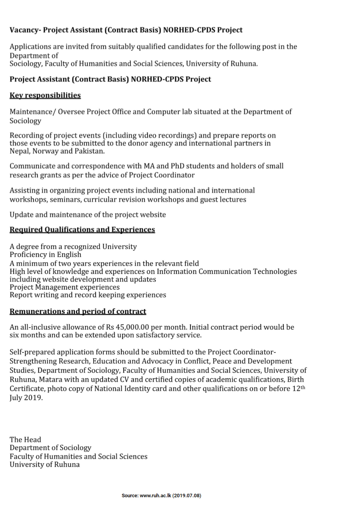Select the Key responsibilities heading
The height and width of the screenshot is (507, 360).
(45, 95)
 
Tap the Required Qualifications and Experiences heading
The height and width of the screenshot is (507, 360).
(82, 229)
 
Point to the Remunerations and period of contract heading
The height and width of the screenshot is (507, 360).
(78, 311)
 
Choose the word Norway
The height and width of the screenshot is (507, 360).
(47, 151)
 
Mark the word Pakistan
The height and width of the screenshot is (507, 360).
(90, 151)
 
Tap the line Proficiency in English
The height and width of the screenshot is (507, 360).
(45, 254)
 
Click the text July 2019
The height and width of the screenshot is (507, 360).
(26, 398)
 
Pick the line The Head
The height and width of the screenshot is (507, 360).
(25, 439)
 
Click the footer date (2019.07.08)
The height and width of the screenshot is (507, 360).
(187, 496)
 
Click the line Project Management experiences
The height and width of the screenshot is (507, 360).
(65, 287)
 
